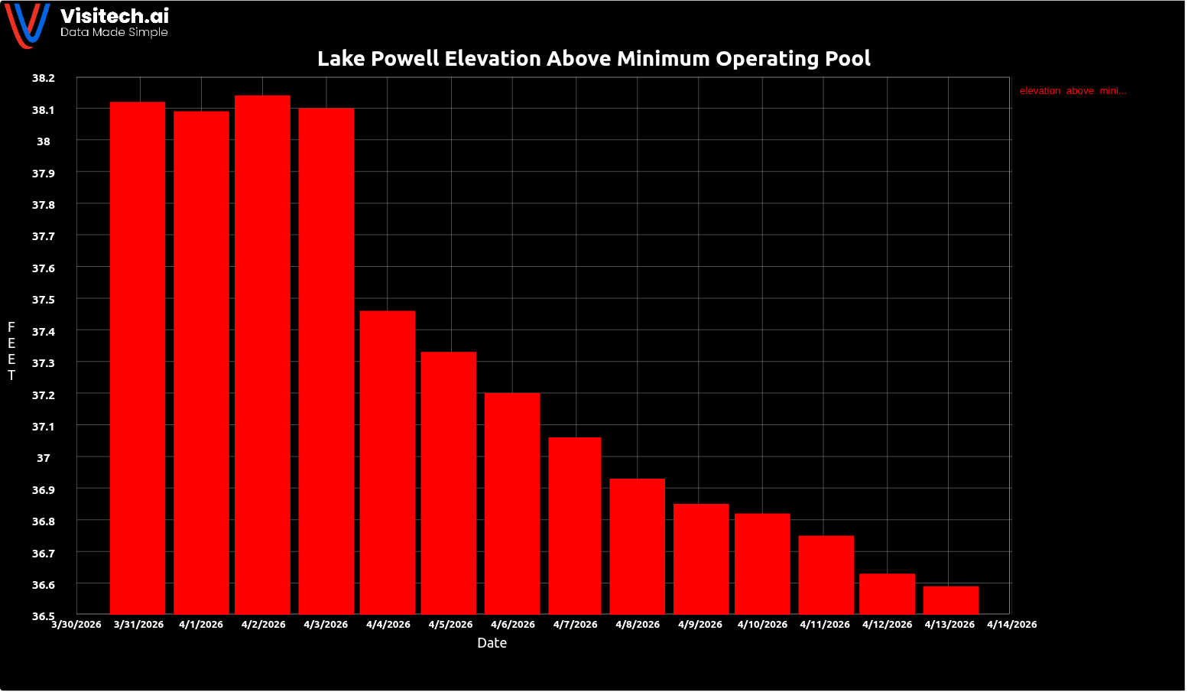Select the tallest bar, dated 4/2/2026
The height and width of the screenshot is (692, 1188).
point(262,355)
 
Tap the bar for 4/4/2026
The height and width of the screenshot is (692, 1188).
point(388,462)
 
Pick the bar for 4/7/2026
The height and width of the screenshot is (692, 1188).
point(575,525)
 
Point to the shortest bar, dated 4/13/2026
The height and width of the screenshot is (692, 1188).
point(951,600)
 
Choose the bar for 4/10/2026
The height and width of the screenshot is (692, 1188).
point(762,564)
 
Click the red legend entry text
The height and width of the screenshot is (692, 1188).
point(1073,91)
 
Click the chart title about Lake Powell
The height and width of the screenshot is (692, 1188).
point(594,59)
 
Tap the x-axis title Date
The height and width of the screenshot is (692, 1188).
point(492,643)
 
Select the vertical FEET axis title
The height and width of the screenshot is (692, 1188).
point(11,351)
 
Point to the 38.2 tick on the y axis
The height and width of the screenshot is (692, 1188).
point(44,78)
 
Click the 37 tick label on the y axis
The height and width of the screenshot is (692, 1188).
point(44,458)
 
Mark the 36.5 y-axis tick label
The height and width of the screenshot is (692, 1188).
point(44,616)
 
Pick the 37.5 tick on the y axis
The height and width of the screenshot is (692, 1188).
point(44,300)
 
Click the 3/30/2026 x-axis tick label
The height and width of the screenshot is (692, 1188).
point(76,625)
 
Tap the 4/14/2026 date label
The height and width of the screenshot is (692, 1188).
point(1011,625)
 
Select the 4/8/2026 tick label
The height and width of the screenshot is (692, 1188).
point(638,625)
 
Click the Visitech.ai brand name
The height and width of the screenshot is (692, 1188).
point(115,16)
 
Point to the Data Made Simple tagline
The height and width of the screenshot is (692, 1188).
point(114,33)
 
